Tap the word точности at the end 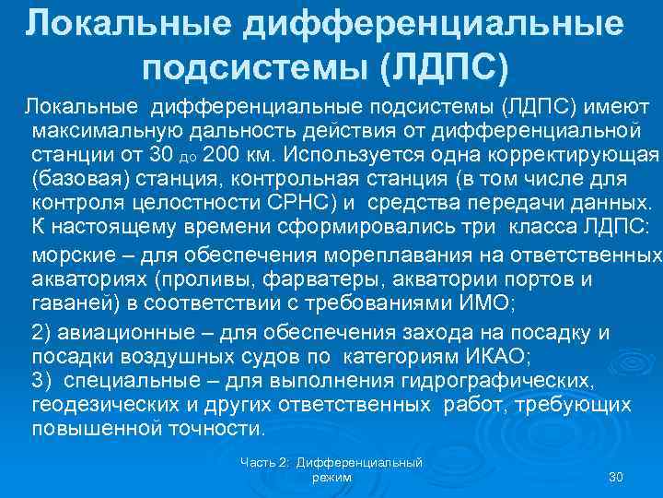pos(215,429)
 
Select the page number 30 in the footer pos(617,477)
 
